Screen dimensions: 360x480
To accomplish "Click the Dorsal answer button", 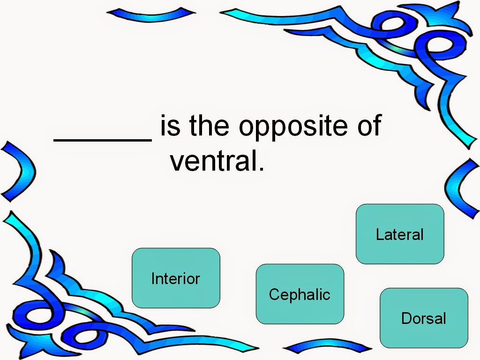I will pos(424,318).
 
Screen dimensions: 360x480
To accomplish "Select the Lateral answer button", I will pos(400,234).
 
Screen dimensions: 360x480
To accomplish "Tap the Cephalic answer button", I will pos(300,294).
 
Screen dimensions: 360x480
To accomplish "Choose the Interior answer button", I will pos(176,278).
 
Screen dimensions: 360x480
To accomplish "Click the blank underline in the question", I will pos(103,139).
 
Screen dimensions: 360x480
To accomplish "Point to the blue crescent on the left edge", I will pos(19,171).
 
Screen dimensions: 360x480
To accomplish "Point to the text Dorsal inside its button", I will pos(424,318).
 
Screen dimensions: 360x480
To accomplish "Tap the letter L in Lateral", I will pos(379,234).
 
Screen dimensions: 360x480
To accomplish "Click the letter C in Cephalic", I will pos(274,294).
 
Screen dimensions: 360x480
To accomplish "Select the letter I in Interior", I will pos(153,278).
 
